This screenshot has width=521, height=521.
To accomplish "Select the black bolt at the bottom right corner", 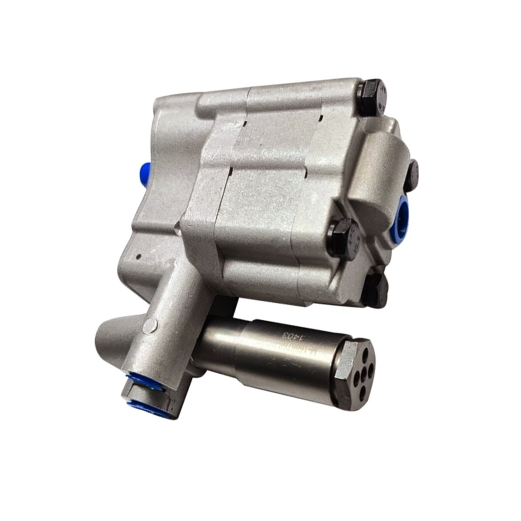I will coord(376,288).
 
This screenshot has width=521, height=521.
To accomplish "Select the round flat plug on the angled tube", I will coord(151,323).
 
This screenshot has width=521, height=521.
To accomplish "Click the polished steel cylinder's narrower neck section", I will coord(221,347).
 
